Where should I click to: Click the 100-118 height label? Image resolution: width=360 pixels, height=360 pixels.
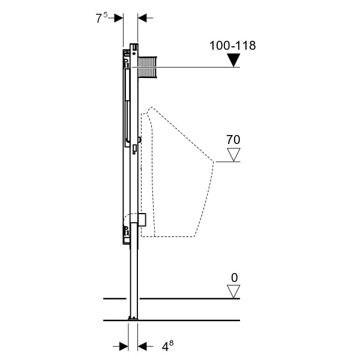pos(233,46)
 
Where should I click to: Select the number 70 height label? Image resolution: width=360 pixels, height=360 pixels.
pos(233,140)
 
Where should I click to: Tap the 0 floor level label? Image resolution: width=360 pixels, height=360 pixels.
pos(234,278)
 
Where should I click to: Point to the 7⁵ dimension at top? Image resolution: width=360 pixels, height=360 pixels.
pos(101,18)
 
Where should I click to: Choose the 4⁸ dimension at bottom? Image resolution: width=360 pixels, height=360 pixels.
pos(167,346)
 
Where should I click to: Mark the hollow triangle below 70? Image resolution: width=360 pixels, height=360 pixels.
pos(233,155)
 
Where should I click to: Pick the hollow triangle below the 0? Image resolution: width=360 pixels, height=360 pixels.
pos(233,292)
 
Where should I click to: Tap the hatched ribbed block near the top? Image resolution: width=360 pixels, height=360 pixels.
pos(148,67)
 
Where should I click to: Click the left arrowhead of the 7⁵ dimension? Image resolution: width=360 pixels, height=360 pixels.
pos(119,18)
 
